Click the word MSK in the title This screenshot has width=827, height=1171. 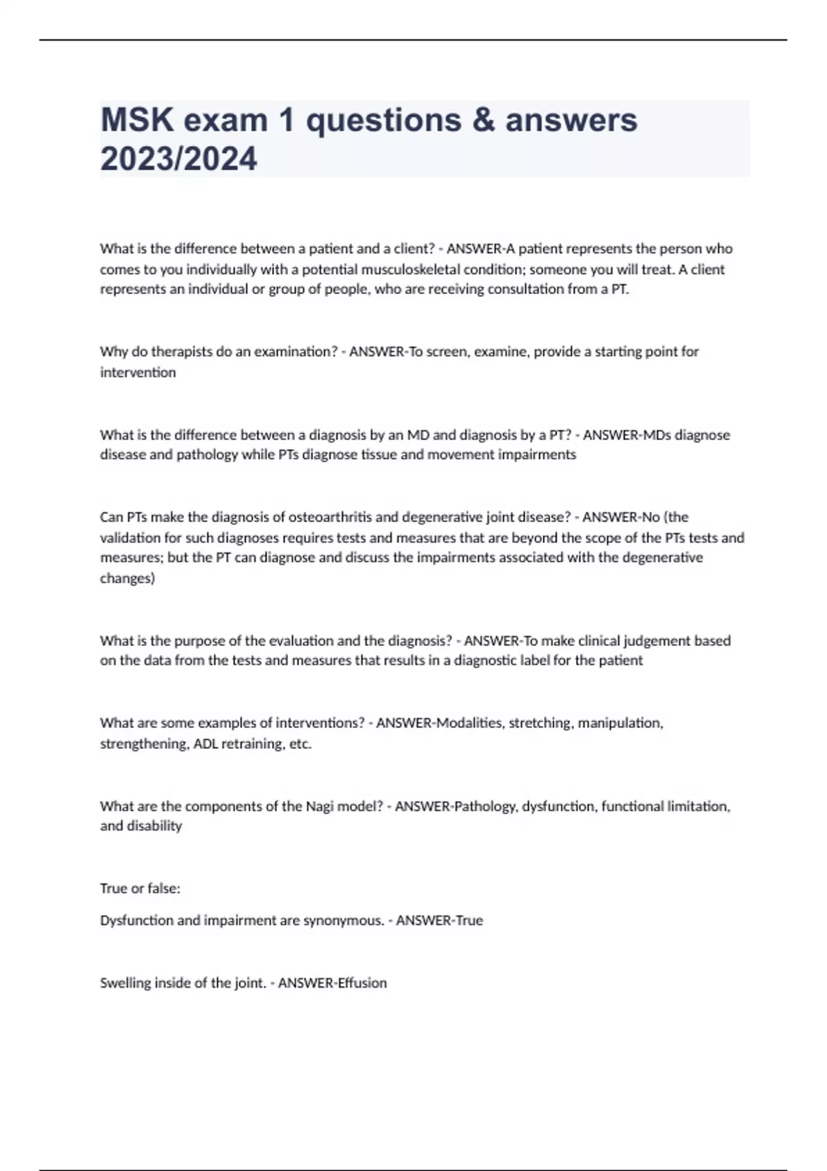[136, 120]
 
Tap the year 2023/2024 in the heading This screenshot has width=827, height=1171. [178, 158]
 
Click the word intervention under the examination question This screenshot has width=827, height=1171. [138, 373]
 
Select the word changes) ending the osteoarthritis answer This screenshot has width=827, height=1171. [127, 579]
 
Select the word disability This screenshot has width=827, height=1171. [156, 826]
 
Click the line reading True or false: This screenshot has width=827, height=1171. [140, 889]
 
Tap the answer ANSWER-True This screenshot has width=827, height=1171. [439, 920]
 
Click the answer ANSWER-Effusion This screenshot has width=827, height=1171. [332, 983]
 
